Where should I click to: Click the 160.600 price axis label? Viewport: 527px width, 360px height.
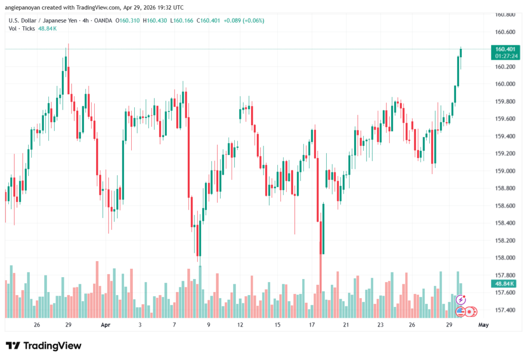pyautogui.click(x=505, y=32)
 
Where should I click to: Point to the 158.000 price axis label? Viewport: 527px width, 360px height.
pyautogui.click(x=505, y=258)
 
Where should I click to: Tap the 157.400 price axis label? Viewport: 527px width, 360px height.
pyautogui.click(x=505, y=310)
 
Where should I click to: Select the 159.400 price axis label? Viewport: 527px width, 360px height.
pyautogui.click(x=505, y=136)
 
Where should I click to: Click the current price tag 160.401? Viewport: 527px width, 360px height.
pyautogui.click(x=505, y=49)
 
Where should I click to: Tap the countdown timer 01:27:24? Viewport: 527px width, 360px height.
pyautogui.click(x=505, y=56)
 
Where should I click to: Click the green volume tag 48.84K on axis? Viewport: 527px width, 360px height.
pyautogui.click(x=505, y=284)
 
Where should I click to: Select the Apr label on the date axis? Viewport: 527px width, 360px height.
pyautogui.click(x=106, y=325)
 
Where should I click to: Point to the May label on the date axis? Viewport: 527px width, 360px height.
pyautogui.click(x=483, y=325)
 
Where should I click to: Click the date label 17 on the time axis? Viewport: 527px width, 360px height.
pyautogui.click(x=312, y=325)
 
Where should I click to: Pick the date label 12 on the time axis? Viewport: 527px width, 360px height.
pyautogui.click(x=240, y=325)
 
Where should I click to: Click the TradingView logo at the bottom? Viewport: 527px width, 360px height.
pyautogui.click(x=44, y=346)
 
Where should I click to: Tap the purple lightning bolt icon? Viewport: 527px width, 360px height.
pyautogui.click(x=461, y=299)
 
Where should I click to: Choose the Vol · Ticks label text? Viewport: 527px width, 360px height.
pyautogui.click(x=22, y=28)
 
